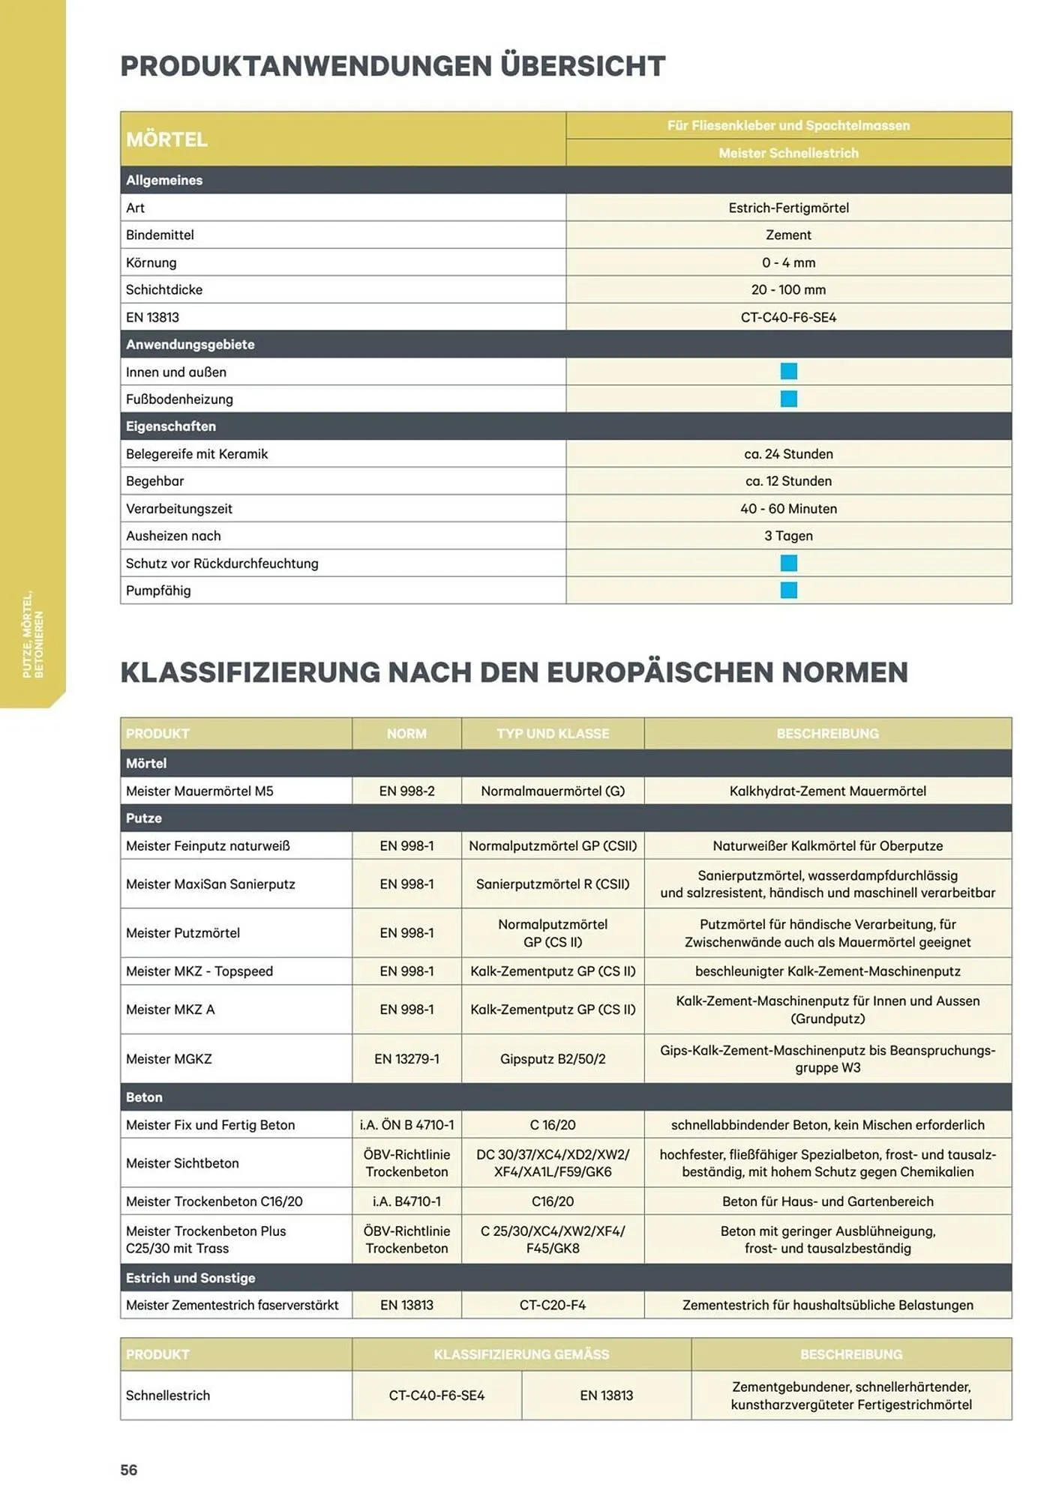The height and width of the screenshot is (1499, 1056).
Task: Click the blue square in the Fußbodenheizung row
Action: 788,399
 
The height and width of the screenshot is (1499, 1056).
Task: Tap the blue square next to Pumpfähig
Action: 788,590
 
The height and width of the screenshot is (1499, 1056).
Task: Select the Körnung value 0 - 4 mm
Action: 788,262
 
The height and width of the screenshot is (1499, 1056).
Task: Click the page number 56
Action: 129,1470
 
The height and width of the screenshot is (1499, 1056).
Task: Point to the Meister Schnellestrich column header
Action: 788,153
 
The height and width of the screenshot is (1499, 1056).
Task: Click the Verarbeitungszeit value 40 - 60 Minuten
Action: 788,508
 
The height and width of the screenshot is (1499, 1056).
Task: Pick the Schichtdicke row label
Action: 164,289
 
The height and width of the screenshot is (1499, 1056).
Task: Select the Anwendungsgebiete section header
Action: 190,344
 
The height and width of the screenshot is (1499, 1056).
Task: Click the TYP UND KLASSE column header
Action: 553,733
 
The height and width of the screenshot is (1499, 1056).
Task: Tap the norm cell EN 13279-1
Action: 406,1058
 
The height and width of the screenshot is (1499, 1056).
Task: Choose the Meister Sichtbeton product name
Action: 182,1162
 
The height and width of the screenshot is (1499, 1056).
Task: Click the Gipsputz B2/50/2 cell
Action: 553,1058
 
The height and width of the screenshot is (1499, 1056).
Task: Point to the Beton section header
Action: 144,1097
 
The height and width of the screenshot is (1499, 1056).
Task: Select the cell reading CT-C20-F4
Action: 553,1305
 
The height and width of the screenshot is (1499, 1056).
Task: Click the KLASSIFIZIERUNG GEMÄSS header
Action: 521,1354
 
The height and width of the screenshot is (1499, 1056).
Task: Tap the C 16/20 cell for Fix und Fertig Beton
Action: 553,1124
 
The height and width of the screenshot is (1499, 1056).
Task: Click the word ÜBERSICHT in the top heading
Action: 583,66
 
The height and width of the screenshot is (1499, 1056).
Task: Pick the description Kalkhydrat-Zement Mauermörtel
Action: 827,791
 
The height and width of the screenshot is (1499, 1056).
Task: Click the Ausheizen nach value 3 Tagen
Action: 788,535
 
